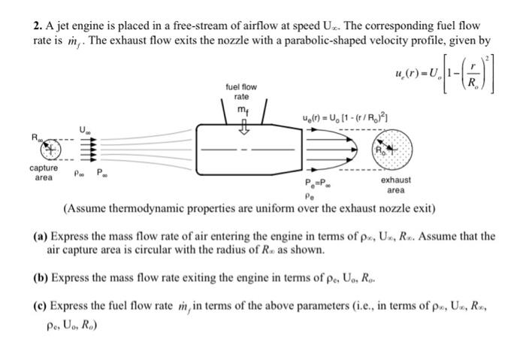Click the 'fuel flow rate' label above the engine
click(x=241, y=92)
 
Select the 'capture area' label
click(x=44, y=173)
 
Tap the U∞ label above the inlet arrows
click(x=84, y=129)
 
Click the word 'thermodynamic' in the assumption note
click(x=141, y=208)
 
